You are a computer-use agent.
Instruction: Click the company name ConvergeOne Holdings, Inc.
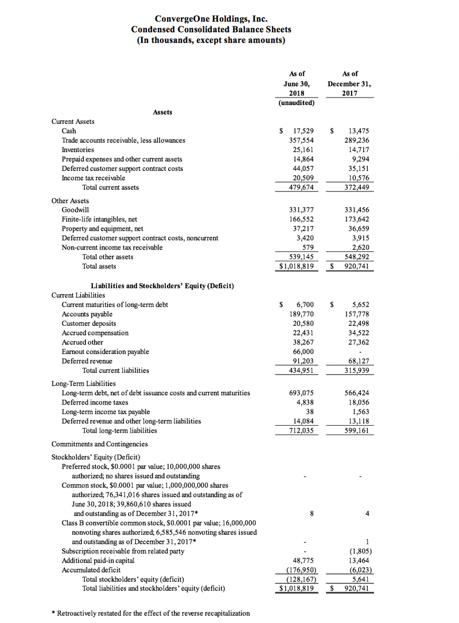pyautogui.click(x=211, y=20)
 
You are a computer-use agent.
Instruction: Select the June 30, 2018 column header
pyautogui.click(x=297, y=83)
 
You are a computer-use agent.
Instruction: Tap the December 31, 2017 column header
pyautogui.click(x=349, y=83)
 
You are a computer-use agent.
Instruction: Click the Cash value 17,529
pyautogui.click(x=303, y=131)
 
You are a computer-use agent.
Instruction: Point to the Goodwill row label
pyautogui.click(x=75, y=210)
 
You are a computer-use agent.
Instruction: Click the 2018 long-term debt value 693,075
pyautogui.click(x=301, y=393)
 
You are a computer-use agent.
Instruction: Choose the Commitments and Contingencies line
pyautogui.click(x=99, y=443)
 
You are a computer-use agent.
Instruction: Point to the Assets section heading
pyautogui.click(x=162, y=112)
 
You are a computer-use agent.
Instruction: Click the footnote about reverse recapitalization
pyautogui.click(x=151, y=613)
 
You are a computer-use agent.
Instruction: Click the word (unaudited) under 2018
pyautogui.click(x=296, y=103)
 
